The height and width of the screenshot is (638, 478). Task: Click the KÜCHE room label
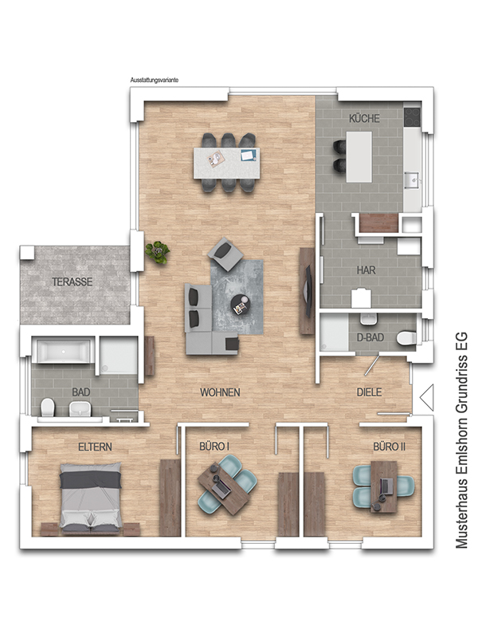(364, 118)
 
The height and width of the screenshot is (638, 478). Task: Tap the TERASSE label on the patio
(72, 282)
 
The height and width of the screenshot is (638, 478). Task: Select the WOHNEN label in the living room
(220, 392)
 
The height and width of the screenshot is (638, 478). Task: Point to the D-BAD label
(370, 337)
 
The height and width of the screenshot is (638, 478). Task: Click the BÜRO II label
(389, 447)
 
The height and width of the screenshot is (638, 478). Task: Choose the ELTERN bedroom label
(95, 447)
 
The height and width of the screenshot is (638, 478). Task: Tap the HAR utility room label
(366, 270)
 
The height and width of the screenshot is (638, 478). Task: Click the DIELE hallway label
(369, 392)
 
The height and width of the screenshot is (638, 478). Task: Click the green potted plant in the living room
(158, 252)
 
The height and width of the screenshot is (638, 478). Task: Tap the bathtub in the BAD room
(62, 351)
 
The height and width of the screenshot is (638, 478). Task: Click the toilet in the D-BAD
(406, 337)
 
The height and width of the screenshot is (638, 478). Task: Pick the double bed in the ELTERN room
(91, 498)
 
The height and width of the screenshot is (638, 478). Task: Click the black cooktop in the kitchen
(412, 116)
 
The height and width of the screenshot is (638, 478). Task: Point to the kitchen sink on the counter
(413, 179)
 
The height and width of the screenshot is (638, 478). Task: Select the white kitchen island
(359, 156)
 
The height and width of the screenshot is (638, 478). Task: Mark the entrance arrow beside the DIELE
(426, 397)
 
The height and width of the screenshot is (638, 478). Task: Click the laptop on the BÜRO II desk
(386, 486)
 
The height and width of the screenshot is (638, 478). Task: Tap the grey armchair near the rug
(225, 254)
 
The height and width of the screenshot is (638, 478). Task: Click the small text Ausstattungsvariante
(154, 81)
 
